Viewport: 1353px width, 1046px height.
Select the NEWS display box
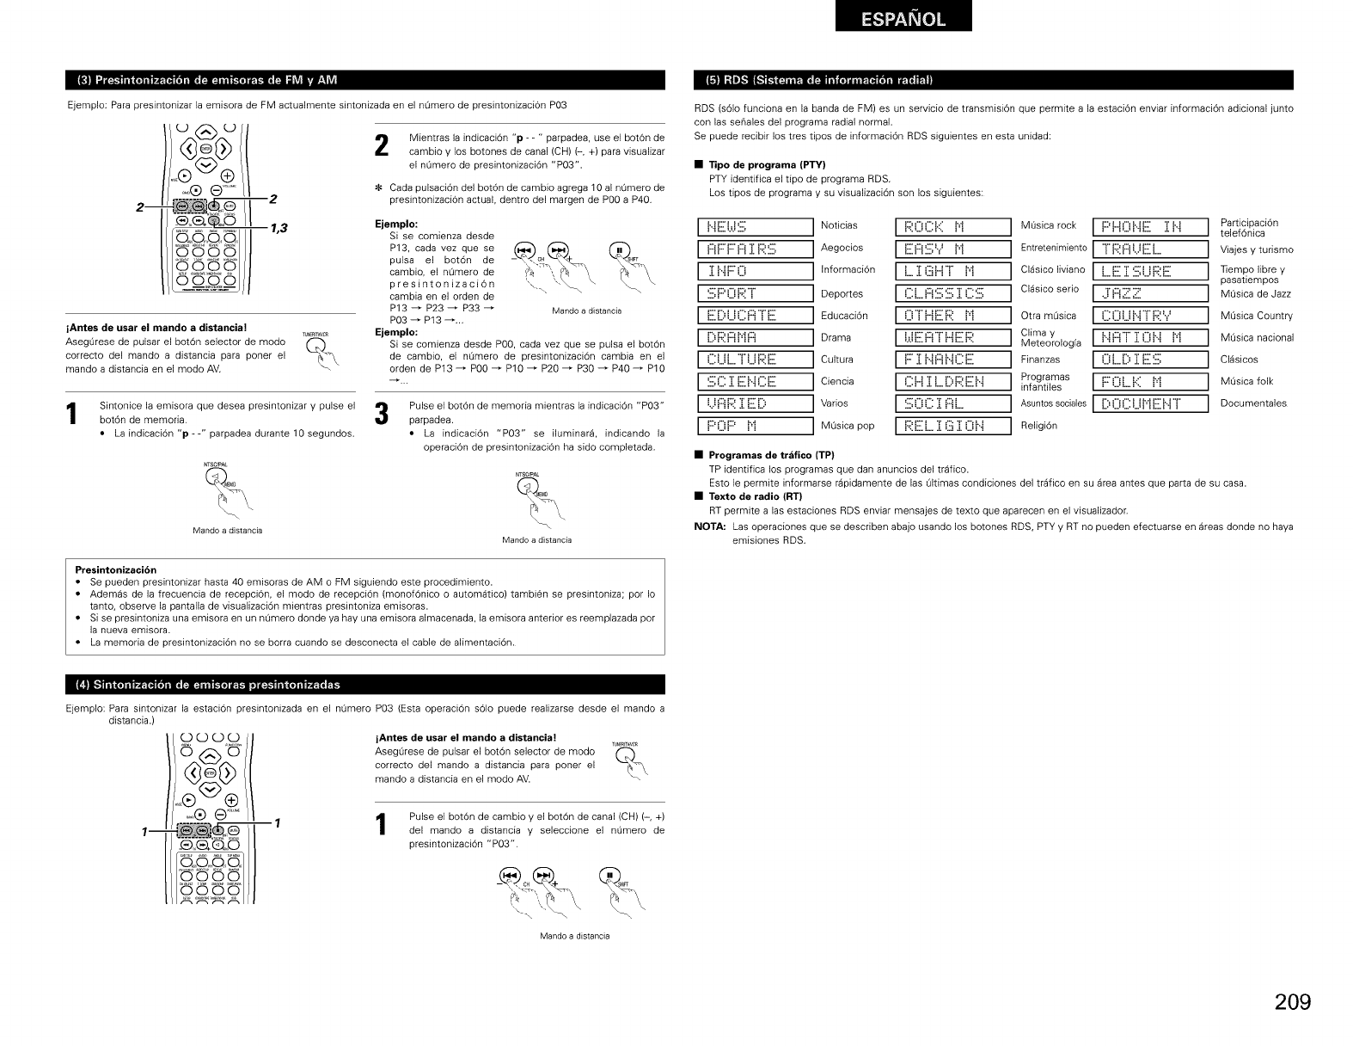[x=755, y=227]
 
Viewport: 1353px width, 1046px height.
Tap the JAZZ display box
[x=1150, y=293]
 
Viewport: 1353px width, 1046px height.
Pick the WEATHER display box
[x=952, y=337]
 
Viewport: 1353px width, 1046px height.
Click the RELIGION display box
[x=952, y=426]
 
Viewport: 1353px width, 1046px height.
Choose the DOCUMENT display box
[x=1150, y=403]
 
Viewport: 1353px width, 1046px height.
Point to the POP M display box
[x=755, y=426]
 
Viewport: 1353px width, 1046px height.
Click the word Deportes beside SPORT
[x=842, y=293]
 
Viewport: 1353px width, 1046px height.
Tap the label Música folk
[x=1246, y=381]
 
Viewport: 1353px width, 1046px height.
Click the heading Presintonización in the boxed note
[x=115, y=569]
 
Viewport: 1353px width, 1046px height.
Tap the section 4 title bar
[x=365, y=685]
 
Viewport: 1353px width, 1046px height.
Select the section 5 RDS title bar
[x=993, y=81]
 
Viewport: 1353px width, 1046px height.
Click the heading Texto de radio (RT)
[x=755, y=496]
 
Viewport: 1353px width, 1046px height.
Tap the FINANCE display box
[x=952, y=360]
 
